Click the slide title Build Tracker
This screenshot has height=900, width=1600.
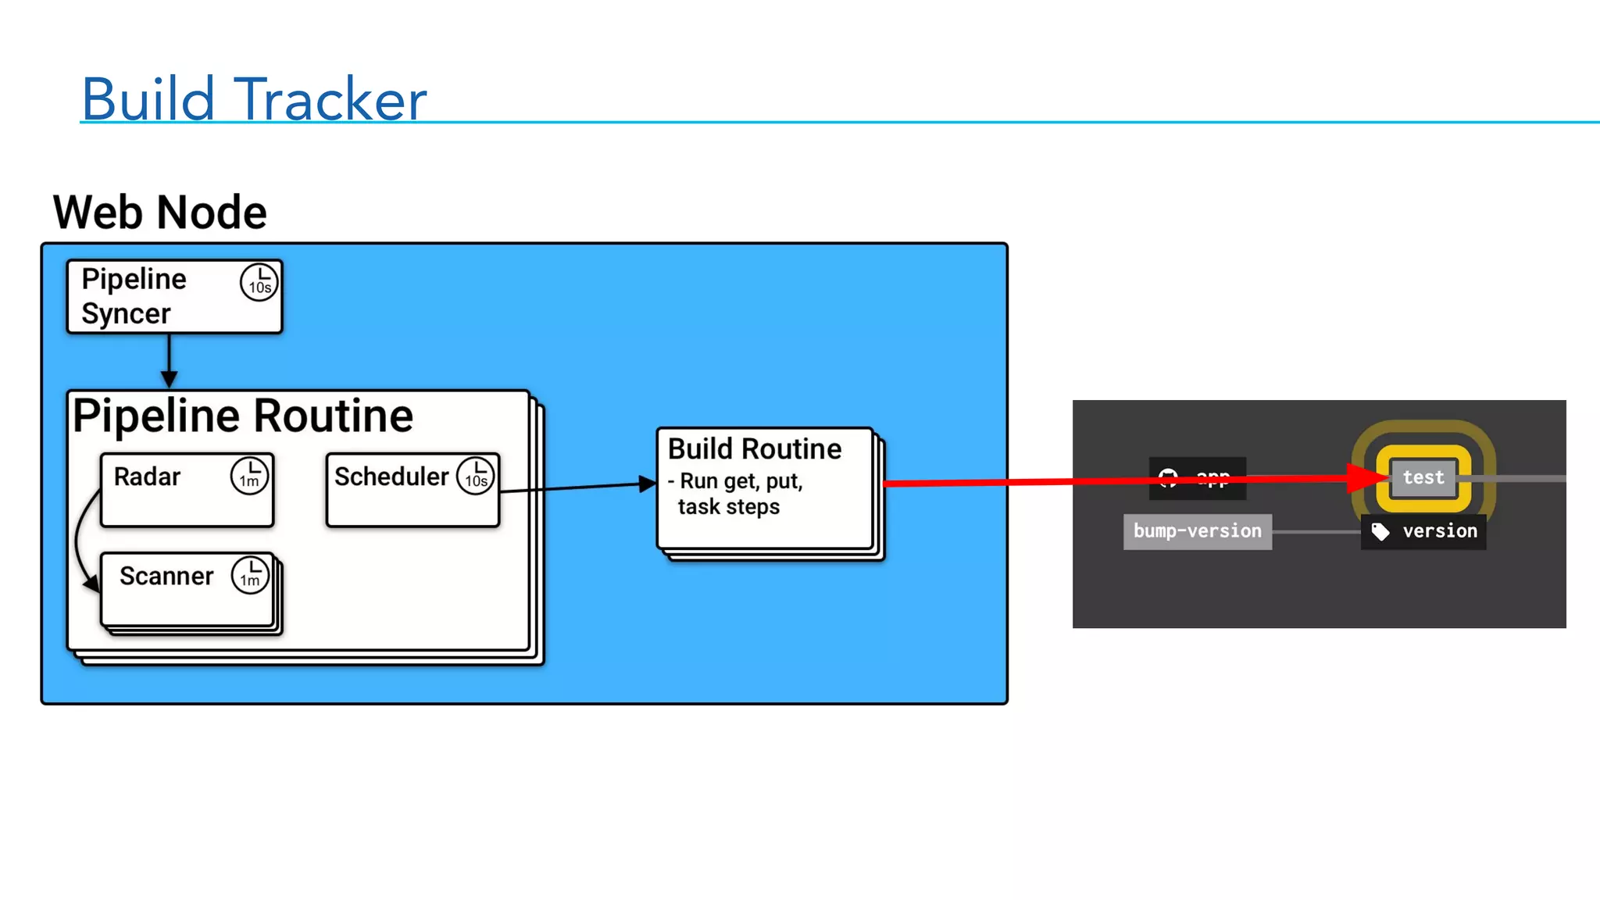(x=254, y=99)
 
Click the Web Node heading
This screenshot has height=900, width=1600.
(x=159, y=212)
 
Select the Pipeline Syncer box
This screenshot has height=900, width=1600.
(x=173, y=297)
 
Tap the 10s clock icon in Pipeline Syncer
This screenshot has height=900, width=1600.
(x=259, y=281)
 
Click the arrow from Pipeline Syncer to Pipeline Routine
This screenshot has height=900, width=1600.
(x=169, y=359)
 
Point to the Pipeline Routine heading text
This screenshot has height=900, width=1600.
(x=243, y=416)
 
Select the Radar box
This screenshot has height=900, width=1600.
(x=187, y=491)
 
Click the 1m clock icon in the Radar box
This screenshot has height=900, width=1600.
(x=249, y=475)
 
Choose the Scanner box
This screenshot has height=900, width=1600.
(x=187, y=589)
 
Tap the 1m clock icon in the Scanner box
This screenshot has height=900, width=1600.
(x=250, y=575)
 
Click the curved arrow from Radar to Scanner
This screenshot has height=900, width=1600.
(x=79, y=539)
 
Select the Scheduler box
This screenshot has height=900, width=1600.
(x=412, y=491)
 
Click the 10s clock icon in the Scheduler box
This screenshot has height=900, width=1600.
(x=476, y=475)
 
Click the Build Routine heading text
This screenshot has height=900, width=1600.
(x=755, y=449)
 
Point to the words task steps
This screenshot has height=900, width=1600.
(x=729, y=507)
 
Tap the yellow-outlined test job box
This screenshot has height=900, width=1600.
(x=1423, y=477)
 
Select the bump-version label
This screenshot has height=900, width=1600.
(x=1197, y=531)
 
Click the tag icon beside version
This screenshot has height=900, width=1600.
(x=1380, y=532)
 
